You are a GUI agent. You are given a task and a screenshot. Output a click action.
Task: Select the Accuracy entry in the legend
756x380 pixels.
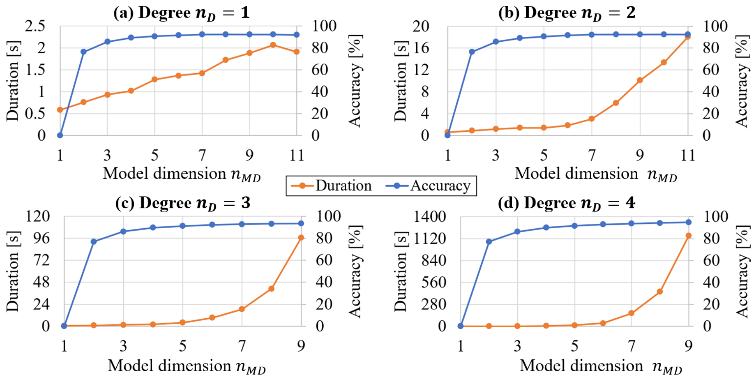(428, 186)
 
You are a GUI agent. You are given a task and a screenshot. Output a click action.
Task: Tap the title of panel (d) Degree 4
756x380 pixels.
(566, 203)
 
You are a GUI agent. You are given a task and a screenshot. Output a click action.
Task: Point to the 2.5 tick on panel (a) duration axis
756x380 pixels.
(35, 26)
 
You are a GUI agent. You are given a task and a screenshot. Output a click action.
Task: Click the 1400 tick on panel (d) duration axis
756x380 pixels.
(430, 217)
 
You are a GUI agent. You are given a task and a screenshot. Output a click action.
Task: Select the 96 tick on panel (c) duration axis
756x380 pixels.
(41, 238)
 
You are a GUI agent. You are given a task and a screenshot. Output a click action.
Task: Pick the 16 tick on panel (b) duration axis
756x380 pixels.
(421, 48)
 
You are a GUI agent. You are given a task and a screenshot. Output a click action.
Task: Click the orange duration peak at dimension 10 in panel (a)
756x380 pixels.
(273, 45)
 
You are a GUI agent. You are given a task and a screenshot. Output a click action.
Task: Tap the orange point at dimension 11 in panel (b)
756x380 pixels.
(687, 37)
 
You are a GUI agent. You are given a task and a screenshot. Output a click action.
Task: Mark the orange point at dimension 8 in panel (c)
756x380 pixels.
(271, 288)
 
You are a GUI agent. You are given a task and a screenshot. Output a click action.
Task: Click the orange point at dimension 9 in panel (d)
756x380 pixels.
(688, 236)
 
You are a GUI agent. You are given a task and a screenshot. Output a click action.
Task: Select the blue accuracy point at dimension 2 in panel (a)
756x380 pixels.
(83, 52)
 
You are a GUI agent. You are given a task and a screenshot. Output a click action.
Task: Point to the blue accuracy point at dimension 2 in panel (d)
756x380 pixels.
(489, 242)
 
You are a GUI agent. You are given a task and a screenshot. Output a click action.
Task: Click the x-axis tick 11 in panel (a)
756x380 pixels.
(297, 156)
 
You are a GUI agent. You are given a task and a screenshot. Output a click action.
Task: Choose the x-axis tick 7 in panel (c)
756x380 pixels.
(242, 346)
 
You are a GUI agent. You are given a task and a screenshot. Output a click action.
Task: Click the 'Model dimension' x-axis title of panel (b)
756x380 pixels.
(596, 175)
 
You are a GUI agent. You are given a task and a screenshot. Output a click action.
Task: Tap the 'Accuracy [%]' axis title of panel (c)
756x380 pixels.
(355, 272)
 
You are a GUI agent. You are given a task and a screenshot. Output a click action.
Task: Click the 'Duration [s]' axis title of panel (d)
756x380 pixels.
(400, 272)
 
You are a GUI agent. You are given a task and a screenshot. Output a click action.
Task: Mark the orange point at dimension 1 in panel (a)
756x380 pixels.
(60, 110)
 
